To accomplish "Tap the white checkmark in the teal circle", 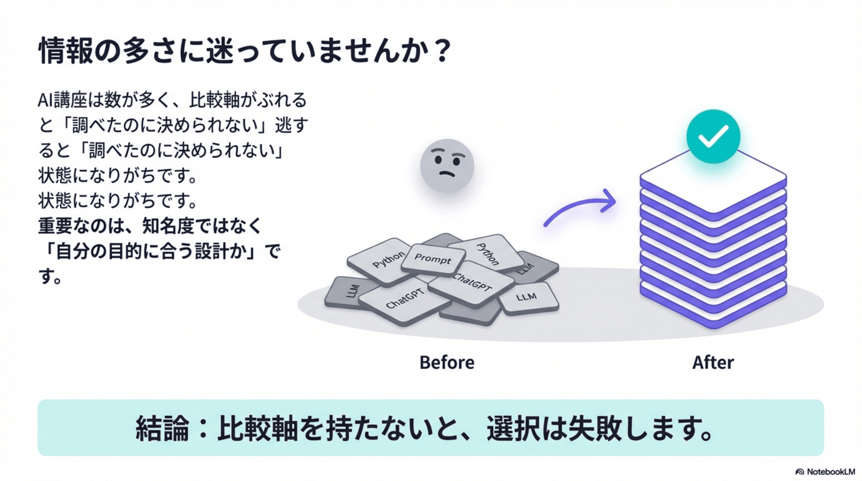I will point(713,136).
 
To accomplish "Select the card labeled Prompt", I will point(432,259).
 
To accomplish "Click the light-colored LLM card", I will point(527,297).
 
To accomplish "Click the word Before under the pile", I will point(447,363).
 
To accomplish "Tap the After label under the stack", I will point(713,363).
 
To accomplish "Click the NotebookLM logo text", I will point(830,472).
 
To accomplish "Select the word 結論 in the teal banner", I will point(162,429).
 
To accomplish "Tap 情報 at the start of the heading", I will point(66,50).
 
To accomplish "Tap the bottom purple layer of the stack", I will point(713,316).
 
